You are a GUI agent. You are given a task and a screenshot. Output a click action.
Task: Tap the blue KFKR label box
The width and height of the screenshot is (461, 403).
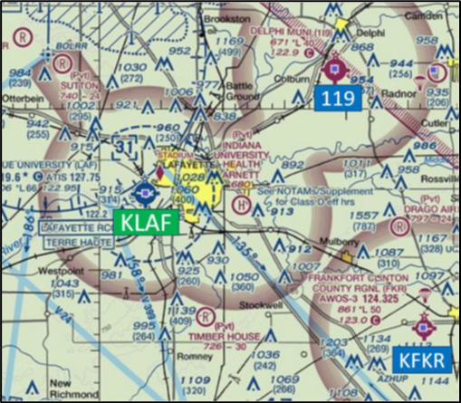coord(422,360)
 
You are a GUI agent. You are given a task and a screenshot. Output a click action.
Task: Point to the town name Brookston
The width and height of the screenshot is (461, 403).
coord(226,18)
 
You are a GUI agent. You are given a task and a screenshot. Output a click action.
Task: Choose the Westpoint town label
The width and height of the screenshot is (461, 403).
coord(59,270)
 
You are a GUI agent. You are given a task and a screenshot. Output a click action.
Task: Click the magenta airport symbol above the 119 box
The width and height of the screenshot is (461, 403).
coord(333,65)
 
